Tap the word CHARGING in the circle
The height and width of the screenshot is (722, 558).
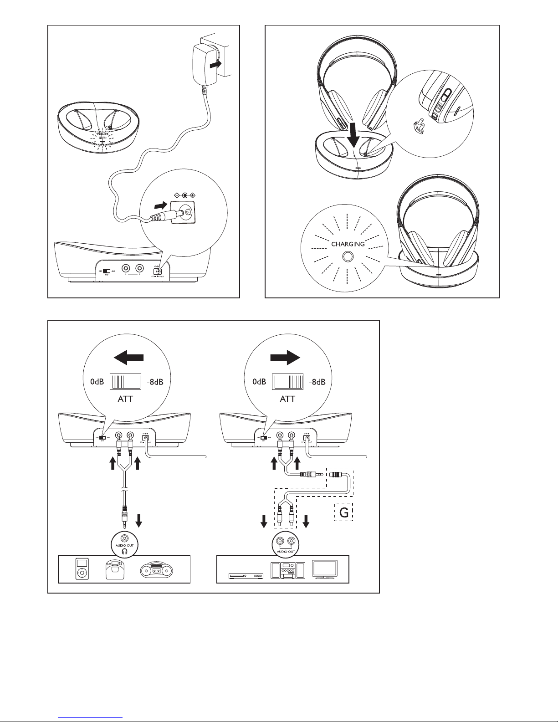tap(348, 244)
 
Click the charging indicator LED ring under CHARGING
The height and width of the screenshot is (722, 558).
tap(348, 257)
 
